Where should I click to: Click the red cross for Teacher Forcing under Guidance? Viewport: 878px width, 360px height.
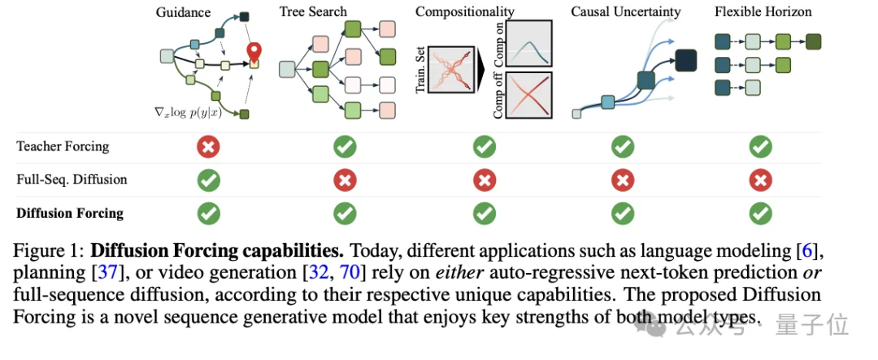click(209, 146)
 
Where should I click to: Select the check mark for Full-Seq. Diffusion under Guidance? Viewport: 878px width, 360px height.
click(209, 180)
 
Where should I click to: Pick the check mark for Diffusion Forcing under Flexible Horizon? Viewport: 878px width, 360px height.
click(760, 213)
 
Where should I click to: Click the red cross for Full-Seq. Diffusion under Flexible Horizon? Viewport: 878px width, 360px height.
click(760, 180)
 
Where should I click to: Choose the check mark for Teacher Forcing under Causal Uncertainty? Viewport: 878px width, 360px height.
click(623, 146)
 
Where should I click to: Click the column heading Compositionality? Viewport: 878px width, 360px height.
click(464, 12)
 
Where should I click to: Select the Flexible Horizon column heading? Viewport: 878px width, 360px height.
click(763, 12)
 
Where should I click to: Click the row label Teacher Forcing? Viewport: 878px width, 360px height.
click(63, 147)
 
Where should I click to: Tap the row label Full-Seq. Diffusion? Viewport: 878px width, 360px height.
click(72, 180)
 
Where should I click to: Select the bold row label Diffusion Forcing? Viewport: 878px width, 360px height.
click(70, 214)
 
